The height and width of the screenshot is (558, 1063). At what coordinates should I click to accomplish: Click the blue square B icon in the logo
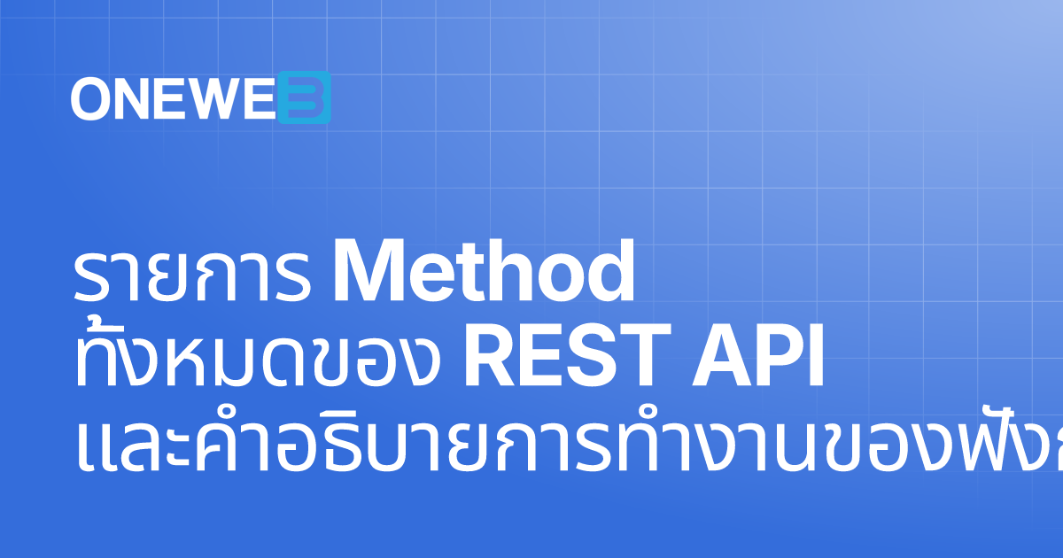click(304, 97)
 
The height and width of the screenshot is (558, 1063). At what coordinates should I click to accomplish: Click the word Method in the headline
click(484, 272)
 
